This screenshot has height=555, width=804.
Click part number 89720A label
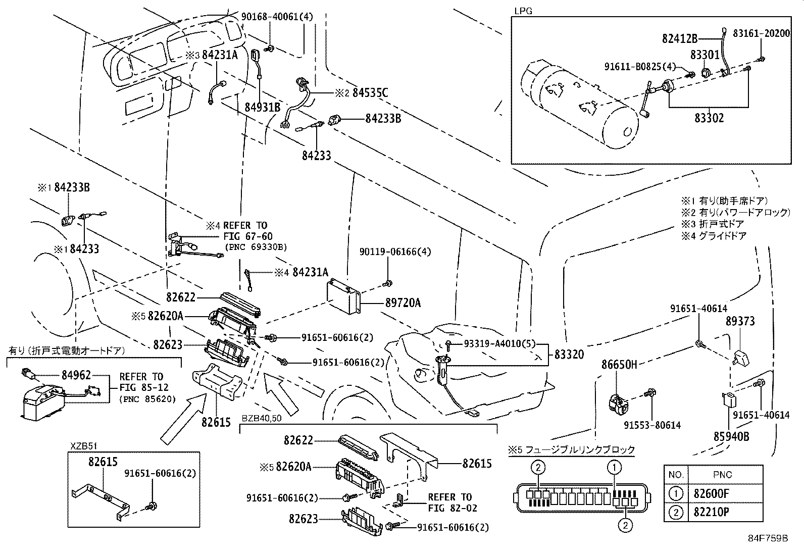(403, 303)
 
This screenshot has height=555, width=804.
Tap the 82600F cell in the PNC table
(711, 494)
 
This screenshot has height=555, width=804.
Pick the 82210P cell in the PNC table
(711, 512)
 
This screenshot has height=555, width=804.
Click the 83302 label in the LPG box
(709, 118)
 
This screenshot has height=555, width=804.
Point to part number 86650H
(619, 364)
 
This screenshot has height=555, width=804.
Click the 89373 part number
(740, 321)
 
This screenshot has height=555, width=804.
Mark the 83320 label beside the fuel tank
(569, 355)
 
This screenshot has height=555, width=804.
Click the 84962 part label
(76, 375)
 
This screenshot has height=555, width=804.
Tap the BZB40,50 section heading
(261, 419)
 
